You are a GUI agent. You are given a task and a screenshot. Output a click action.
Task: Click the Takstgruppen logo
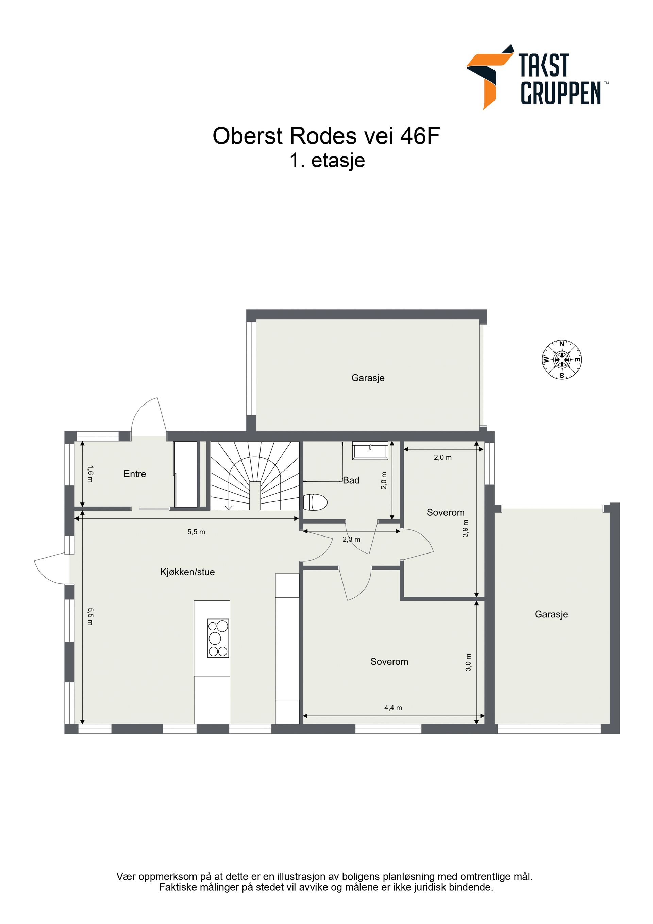coord(537,77)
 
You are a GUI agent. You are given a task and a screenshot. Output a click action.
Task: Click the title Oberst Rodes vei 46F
coord(326,136)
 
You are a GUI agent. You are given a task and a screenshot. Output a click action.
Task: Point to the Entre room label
coord(135,474)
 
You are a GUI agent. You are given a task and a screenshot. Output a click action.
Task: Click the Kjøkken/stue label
coord(187,572)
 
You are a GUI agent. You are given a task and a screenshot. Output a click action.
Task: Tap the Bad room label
coord(351,480)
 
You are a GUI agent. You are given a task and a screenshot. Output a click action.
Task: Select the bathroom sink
coord(370,450)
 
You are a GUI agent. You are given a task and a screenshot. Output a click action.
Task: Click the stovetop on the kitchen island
coord(218,638)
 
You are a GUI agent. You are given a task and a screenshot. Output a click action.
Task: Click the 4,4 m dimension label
coord(393,708)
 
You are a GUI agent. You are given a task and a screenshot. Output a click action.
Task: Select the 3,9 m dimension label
coord(466,528)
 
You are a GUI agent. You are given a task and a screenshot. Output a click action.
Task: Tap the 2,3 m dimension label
coord(351,539)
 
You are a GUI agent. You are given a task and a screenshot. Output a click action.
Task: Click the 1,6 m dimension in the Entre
coord(90,474)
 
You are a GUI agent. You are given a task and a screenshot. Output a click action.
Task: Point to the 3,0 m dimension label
coord(468,662)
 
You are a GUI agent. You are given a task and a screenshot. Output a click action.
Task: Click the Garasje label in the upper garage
coord(368,378)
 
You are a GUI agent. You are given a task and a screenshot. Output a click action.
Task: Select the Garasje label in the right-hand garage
coord(551,614)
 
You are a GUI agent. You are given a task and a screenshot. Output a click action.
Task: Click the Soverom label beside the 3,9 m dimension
coord(446,512)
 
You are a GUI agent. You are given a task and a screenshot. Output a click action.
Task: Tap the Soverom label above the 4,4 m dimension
coord(389,662)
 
